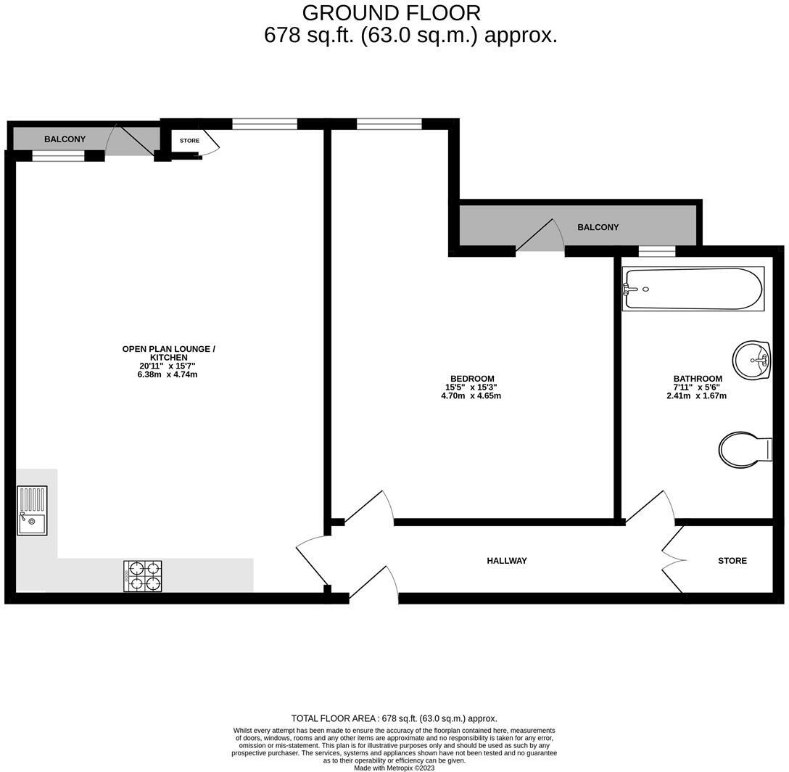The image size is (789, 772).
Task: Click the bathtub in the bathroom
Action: [693, 289]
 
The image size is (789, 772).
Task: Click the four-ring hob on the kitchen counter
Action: [143, 576]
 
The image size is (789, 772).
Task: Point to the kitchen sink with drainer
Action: [32, 511]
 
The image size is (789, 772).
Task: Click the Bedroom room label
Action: [472, 379]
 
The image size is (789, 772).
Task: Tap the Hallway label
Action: [507, 561]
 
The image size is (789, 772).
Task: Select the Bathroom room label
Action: [698, 379]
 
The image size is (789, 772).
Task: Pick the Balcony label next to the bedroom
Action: [598, 227]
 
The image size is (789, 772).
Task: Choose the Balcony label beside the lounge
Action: [65, 139]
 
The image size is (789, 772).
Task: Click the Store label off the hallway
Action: [732, 561]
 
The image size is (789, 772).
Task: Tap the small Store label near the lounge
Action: [189, 141]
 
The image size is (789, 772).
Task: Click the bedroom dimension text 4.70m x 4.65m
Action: [471, 396]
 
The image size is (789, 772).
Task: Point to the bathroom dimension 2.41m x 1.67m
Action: [696, 396]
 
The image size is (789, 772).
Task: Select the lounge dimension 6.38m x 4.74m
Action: [168, 374]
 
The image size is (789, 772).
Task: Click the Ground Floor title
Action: [391, 12]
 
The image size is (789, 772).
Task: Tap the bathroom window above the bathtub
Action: [656, 251]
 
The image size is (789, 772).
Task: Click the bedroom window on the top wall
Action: [389, 124]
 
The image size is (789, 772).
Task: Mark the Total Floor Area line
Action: [394, 718]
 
